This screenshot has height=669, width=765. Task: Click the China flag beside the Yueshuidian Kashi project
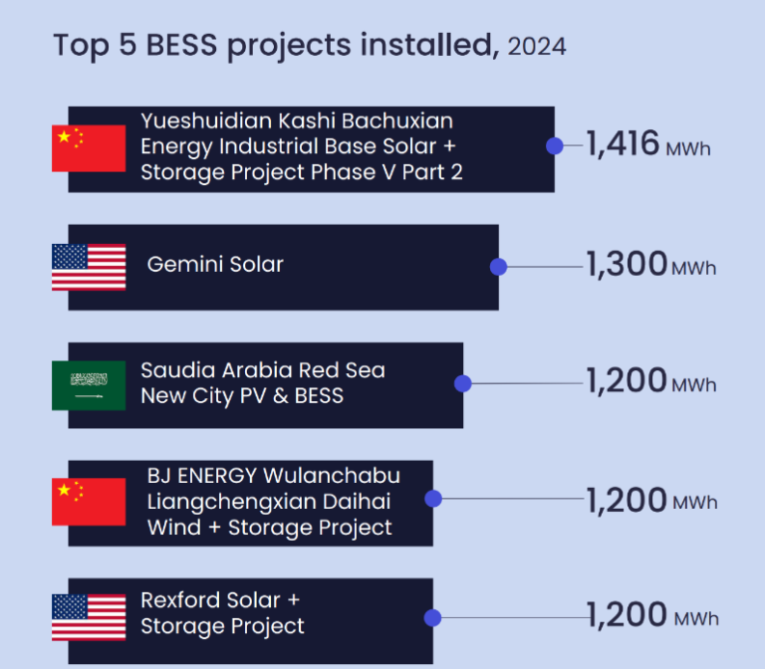tap(89, 148)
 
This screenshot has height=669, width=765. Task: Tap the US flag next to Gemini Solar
tap(89, 267)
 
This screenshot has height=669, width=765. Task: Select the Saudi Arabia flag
tap(89, 385)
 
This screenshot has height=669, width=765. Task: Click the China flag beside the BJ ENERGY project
tap(89, 502)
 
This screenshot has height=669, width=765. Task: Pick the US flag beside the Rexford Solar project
tap(89, 617)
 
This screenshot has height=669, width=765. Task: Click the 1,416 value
tap(623, 144)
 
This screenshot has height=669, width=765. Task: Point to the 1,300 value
tap(626, 264)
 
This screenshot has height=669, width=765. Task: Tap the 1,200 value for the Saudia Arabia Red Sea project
tap(626, 380)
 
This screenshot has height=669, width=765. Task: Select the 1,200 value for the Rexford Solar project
tap(626, 615)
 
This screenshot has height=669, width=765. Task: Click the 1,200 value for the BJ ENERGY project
tap(626, 499)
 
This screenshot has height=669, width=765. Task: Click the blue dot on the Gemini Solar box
tap(499, 267)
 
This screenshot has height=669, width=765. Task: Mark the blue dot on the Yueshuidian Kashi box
tap(555, 146)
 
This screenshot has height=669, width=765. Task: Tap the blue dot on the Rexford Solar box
tap(432, 618)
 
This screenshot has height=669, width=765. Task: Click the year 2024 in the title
tap(536, 47)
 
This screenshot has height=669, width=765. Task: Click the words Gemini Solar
tap(215, 265)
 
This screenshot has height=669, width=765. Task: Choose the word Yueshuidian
tap(198, 121)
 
